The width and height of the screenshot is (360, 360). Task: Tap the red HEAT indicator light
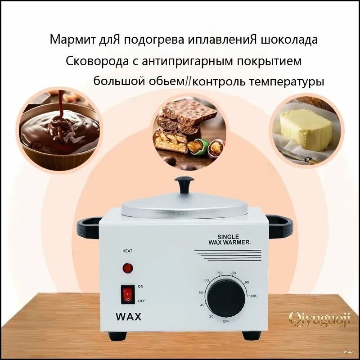[x=128, y=269]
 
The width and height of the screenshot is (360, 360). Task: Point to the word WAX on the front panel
[x=128, y=316]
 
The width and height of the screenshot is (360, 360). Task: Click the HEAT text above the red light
[x=127, y=251]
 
